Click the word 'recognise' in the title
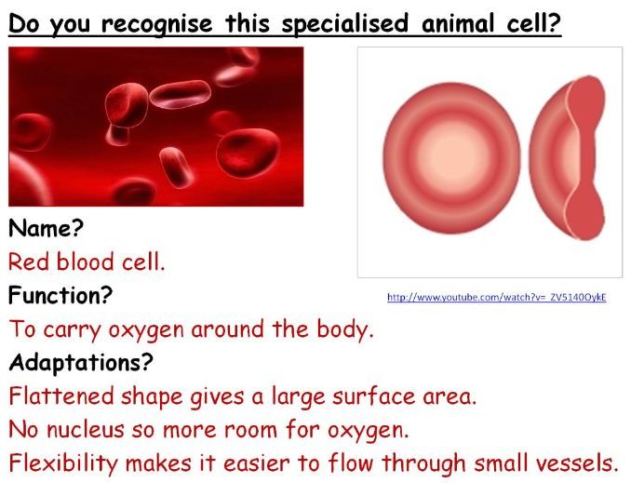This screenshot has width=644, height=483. point(157,24)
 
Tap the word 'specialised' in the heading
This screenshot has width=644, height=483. point(345,24)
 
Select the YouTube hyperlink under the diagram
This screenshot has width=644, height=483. point(497,297)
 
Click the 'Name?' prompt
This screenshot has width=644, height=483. point(46,227)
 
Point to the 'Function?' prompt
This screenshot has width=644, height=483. point(60,294)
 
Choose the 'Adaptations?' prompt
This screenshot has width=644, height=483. point(80,362)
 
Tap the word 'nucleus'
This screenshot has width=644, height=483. point(85,430)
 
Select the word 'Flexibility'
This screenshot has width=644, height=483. point(63,463)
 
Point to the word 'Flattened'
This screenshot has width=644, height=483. point(61,396)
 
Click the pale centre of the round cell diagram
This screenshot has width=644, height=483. point(451,158)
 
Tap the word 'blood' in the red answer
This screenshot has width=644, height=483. point(85,262)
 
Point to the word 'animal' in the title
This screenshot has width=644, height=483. point(458,24)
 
